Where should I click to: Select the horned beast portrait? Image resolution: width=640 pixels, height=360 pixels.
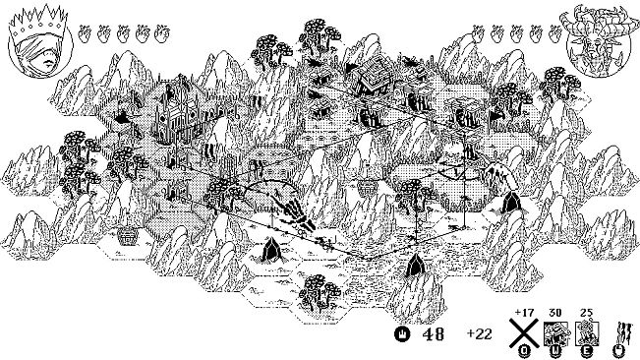(600, 42)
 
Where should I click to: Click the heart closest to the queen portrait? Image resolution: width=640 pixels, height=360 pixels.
(85, 35)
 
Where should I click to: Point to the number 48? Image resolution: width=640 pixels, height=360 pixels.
(434, 334)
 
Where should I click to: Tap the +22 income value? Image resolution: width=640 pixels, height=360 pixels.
(479, 334)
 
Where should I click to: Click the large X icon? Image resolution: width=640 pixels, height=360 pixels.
(523, 334)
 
